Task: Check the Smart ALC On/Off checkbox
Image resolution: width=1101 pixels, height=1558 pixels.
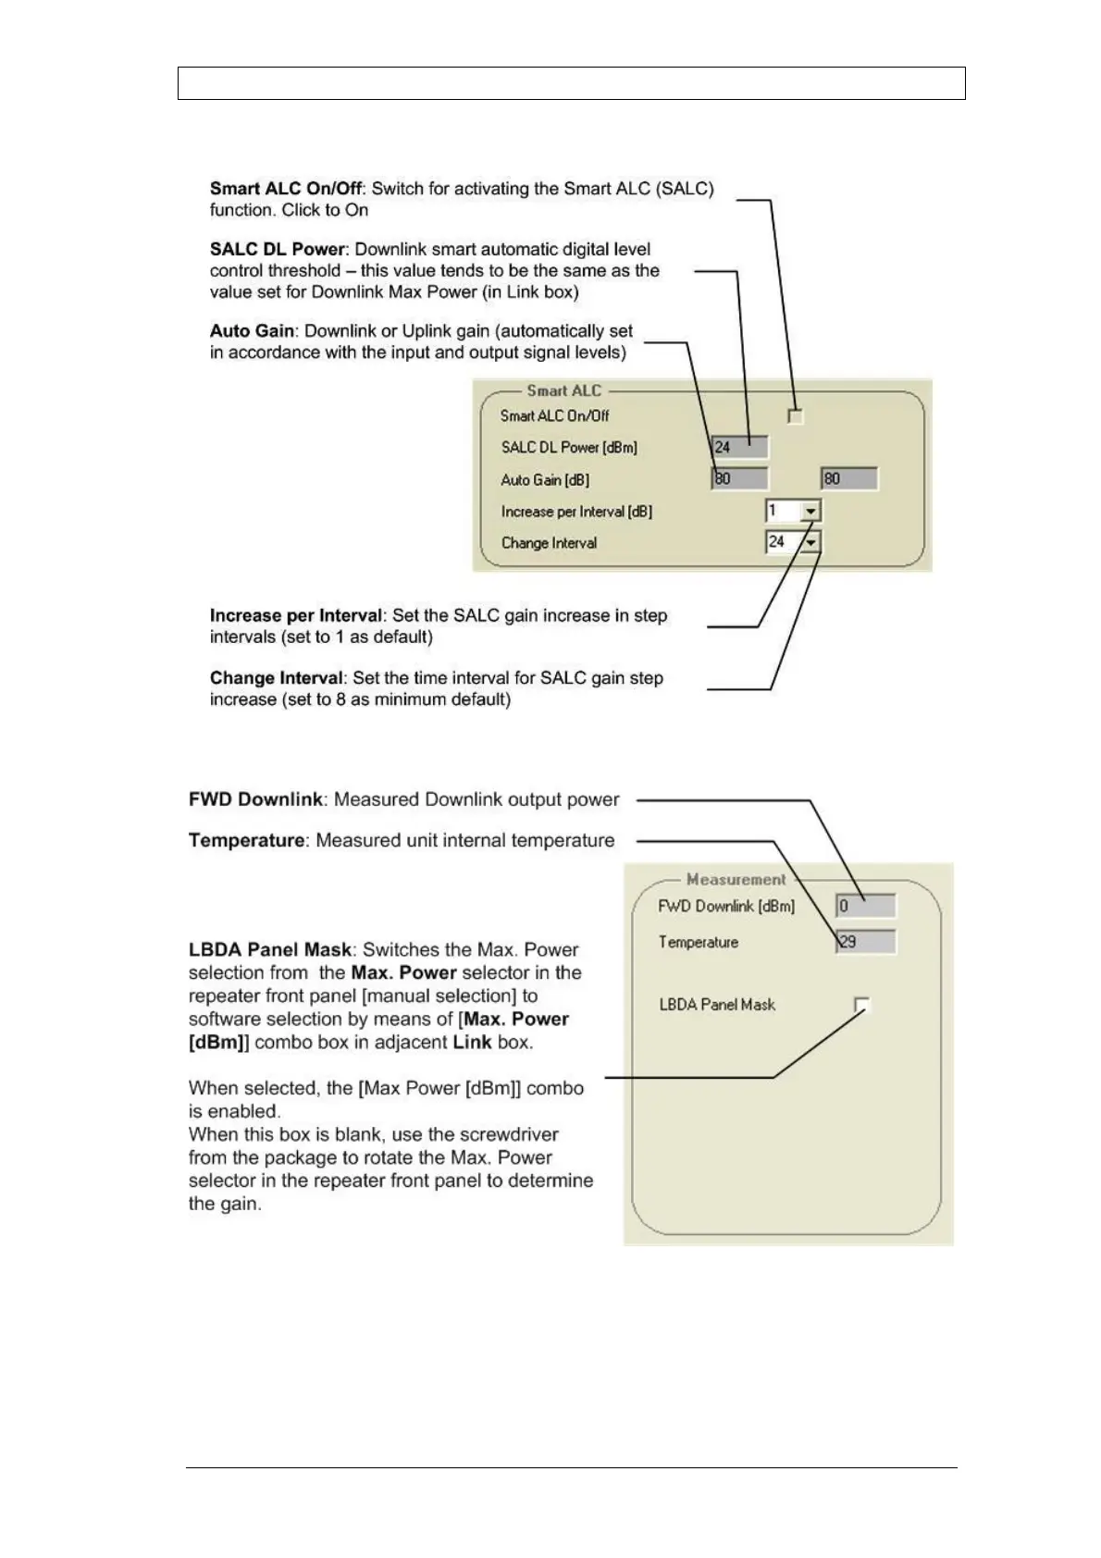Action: point(795,416)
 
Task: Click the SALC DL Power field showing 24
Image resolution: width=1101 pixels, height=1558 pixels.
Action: point(740,448)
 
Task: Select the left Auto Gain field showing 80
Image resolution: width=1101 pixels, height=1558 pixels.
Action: point(740,479)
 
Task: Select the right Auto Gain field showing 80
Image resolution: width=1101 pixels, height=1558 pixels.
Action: point(849,479)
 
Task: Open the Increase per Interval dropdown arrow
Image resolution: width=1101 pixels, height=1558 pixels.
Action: point(810,511)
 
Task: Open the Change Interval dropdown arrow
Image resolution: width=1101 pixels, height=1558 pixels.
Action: point(810,543)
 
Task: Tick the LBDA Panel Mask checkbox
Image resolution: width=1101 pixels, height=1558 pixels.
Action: point(862,1005)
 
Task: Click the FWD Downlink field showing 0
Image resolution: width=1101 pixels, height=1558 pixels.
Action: point(866,907)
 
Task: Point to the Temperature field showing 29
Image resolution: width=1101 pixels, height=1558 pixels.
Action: point(866,943)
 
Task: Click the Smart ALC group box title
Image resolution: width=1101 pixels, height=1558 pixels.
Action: point(563,391)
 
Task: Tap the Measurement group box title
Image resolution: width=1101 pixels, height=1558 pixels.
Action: point(736,880)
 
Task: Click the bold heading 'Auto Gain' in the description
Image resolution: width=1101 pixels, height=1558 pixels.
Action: point(252,331)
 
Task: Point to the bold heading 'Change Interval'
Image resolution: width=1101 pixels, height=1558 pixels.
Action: point(276,678)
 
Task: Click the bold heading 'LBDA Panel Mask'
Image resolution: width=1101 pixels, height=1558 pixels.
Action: point(270,950)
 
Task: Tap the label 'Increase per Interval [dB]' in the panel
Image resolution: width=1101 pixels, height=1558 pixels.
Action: point(576,512)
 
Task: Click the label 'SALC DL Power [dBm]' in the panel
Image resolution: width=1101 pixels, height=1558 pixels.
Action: point(569,448)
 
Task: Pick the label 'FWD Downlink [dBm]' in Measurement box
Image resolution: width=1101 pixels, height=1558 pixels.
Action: point(726,907)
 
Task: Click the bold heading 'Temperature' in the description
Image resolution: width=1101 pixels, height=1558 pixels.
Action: point(246,841)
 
